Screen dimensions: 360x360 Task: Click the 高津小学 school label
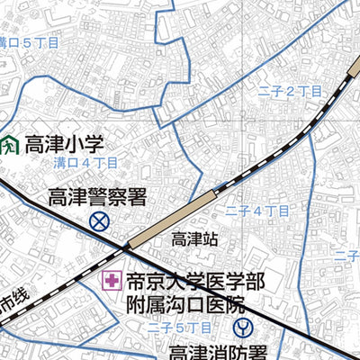65,144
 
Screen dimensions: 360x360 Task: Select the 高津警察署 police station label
97,197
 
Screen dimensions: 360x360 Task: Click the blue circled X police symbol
99,221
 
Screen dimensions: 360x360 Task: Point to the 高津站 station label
195,239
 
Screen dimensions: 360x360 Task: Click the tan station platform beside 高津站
170,219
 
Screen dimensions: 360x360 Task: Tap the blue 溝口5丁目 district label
27,42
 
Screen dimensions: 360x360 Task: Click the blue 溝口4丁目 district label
85,164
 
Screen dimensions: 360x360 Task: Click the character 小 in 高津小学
78,144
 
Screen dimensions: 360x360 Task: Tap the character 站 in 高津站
210,239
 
